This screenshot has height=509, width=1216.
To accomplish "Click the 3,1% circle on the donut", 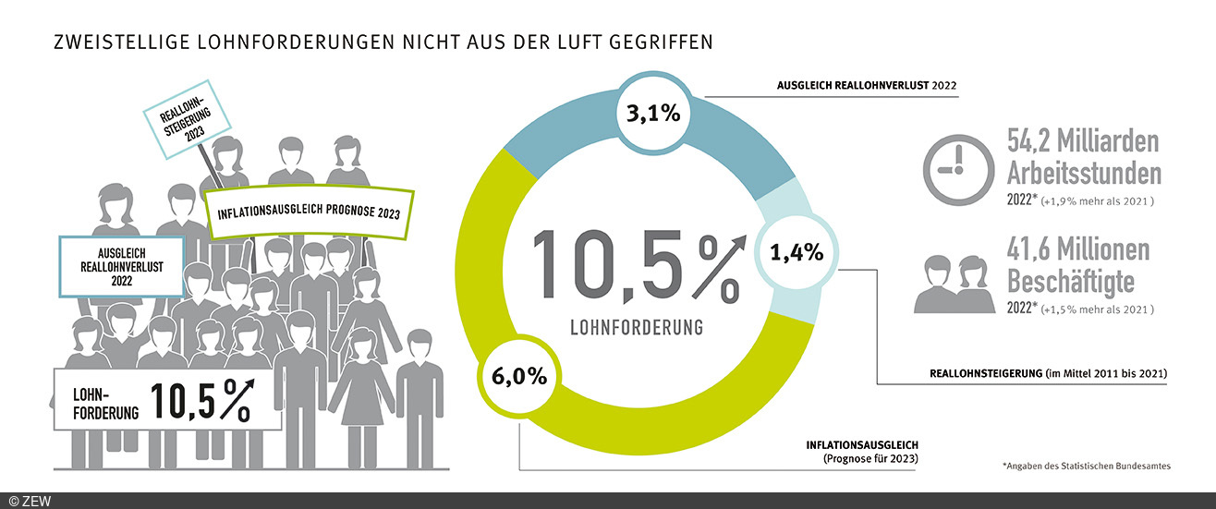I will point(653,115).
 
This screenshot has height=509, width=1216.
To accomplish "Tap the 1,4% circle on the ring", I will point(796,251).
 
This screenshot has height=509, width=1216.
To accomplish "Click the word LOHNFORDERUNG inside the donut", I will point(636,327).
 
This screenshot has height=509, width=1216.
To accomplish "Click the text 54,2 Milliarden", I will point(1082,142).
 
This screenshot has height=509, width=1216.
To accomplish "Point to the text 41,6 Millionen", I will point(1078,249).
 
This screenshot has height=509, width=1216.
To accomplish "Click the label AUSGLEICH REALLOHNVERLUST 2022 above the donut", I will point(867,87).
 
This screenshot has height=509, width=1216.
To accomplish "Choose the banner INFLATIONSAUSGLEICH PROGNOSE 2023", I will point(308,213).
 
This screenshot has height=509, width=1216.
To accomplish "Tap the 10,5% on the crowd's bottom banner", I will point(200,400).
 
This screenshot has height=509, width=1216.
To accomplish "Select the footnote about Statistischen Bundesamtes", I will point(1086,467).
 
